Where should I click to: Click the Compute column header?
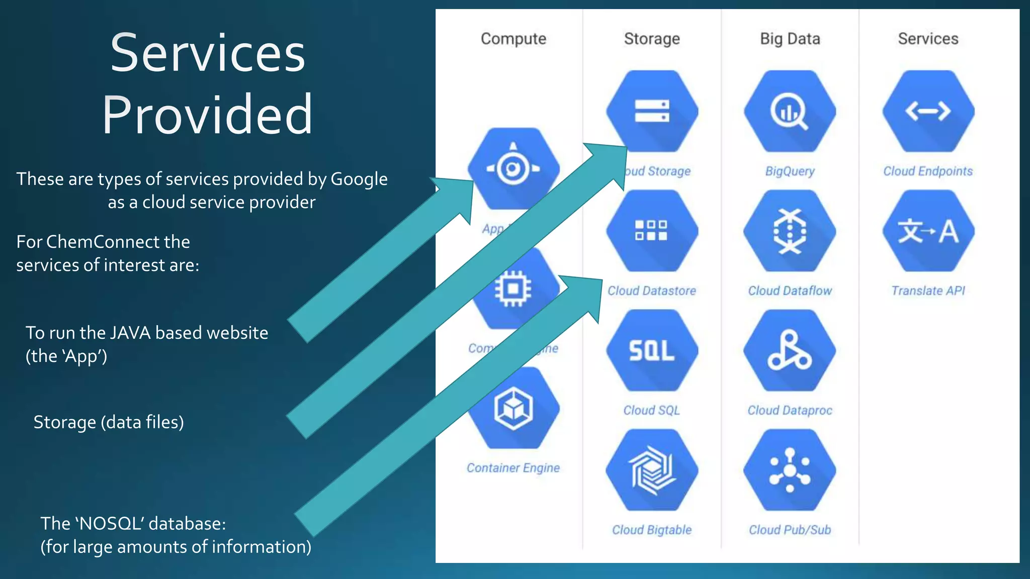(513, 39)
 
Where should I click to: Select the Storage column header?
(652, 39)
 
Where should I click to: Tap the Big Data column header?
(790, 39)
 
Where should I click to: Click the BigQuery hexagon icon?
(790, 111)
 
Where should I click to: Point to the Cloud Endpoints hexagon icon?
(928, 111)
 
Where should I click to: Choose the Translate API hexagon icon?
(928, 231)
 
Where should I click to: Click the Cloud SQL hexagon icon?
(652, 350)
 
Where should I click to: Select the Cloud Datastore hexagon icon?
(652, 231)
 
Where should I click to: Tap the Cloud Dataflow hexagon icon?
(790, 231)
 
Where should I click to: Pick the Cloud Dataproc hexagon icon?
(790, 350)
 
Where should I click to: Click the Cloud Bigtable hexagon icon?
(652, 470)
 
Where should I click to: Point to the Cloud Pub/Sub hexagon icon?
(790, 470)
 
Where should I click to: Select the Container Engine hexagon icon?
(513, 408)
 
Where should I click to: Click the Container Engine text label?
(513, 468)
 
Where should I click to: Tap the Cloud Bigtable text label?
(652, 530)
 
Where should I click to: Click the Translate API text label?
(928, 291)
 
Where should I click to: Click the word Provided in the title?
(207, 115)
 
